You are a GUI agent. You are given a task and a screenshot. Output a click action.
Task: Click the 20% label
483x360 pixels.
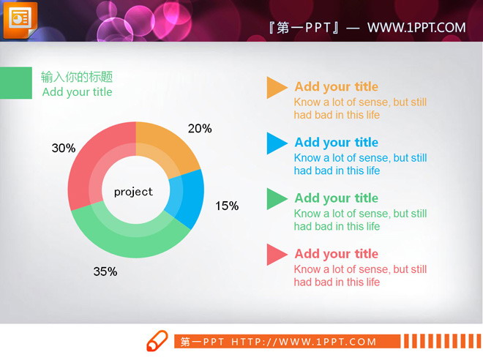[x=200, y=129]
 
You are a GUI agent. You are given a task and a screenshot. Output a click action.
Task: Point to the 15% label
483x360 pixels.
[x=227, y=206]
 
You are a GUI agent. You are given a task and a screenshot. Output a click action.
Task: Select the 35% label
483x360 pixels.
[x=105, y=272]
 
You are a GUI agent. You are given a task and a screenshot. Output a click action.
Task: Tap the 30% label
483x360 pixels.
[x=64, y=149]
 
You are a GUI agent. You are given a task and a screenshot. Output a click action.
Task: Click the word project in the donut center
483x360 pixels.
[x=133, y=192]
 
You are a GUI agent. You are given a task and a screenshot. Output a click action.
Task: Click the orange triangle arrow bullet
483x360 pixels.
[x=276, y=87]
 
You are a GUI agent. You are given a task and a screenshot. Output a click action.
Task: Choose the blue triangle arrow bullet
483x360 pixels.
[x=276, y=143]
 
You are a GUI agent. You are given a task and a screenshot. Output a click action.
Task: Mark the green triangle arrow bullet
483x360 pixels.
[x=276, y=198]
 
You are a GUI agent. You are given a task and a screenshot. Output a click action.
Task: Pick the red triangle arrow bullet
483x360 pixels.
[x=276, y=254]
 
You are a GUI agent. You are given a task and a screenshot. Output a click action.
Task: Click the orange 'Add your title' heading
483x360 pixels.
[x=336, y=86]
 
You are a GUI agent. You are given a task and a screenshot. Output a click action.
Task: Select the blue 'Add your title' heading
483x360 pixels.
[x=336, y=142]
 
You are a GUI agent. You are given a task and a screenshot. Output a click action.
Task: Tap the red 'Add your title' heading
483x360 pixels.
[x=336, y=254]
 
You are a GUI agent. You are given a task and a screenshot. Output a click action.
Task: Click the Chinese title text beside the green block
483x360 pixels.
[x=76, y=77]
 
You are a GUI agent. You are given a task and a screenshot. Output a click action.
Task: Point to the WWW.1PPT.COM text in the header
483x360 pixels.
[x=416, y=28]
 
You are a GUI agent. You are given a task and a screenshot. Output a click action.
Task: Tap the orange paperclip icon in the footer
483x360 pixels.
[x=157, y=341]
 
